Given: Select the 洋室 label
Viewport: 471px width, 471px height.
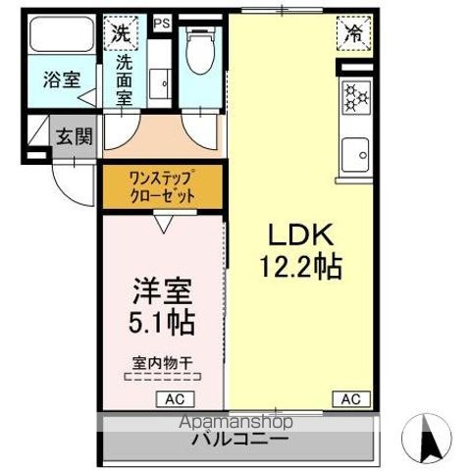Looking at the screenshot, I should [x=162, y=291].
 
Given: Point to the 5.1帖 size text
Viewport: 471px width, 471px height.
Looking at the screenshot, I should [x=163, y=321].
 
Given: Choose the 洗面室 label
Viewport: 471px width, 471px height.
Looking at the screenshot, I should [x=125, y=80].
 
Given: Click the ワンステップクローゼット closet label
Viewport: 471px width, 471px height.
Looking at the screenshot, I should [x=162, y=185].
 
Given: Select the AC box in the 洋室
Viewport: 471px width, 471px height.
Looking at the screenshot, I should [x=175, y=398].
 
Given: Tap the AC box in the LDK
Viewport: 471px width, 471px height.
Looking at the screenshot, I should [x=350, y=398].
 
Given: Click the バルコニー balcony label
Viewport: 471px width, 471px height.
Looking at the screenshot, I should [x=239, y=439].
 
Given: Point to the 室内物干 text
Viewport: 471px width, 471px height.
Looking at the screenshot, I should [x=162, y=362].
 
